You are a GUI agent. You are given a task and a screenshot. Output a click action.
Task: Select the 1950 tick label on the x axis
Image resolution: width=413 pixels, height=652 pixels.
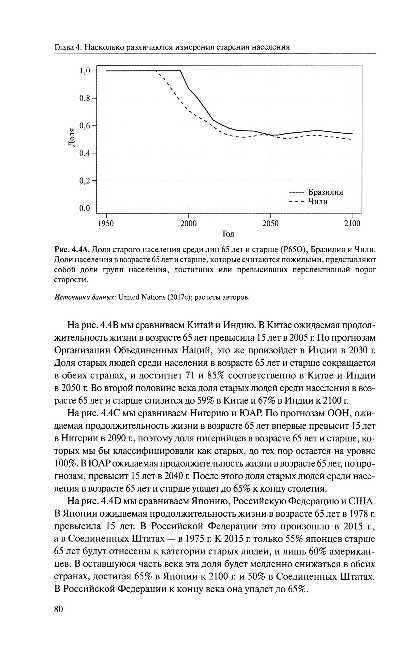[x=106, y=224]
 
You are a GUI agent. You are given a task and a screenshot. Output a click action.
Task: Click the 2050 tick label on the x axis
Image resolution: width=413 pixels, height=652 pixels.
[x=270, y=224]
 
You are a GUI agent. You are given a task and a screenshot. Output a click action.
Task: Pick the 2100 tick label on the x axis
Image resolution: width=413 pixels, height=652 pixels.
[x=352, y=224]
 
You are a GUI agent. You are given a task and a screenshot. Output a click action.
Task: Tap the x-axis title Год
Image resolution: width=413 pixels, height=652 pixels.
[x=229, y=234]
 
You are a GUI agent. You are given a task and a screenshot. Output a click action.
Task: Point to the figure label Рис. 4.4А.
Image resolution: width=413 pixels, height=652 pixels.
[x=72, y=250]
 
